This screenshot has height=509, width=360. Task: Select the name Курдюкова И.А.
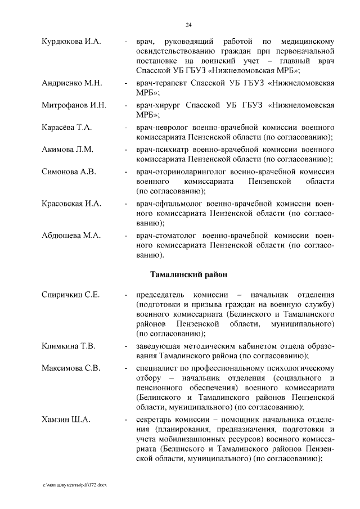(71, 42)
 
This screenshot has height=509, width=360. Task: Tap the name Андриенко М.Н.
(71, 83)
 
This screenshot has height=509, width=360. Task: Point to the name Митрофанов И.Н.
(74, 105)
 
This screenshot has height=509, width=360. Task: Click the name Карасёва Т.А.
(66, 128)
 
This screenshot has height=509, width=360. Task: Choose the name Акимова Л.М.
(67, 149)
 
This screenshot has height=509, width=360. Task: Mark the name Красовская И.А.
(72, 203)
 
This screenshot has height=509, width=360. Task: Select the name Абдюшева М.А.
(71, 236)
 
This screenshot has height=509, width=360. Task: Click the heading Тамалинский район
(188, 274)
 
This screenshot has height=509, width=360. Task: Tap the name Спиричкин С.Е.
(70, 295)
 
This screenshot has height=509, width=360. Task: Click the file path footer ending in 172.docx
(74, 484)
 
